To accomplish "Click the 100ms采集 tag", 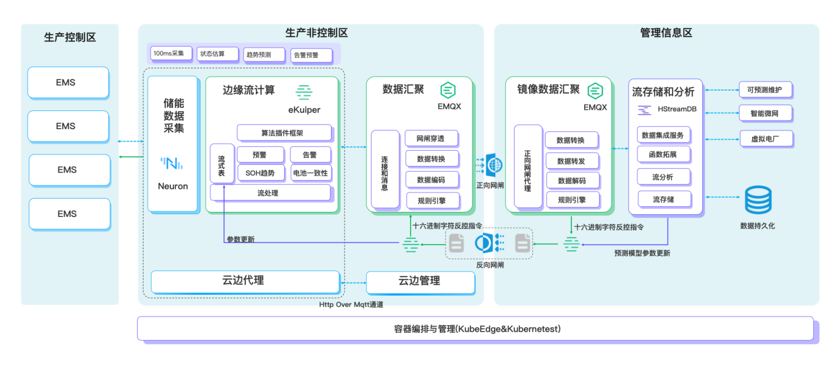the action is coord(171,54).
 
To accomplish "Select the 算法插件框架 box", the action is coord(284,133).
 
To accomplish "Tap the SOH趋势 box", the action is coord(261,173).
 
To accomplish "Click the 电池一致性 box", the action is coord(311,173).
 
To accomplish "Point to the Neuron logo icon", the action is coord(172,163).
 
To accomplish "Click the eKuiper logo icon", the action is coord(304,92).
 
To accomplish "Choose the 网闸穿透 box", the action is coord(431,139).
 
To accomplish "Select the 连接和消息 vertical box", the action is coord(385,169).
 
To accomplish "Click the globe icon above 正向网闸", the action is coord(494,165).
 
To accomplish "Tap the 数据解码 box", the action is coord(573,181).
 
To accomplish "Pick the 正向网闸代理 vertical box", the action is coord(528,166).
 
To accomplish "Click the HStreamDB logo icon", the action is coord(644,110).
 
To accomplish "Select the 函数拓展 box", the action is coord(664,155).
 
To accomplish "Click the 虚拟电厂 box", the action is coord(767,139).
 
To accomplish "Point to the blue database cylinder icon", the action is coord(758,200).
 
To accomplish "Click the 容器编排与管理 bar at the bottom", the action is coord(475,329).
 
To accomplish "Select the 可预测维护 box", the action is coord(765,90).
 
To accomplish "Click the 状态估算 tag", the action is coord(218,54).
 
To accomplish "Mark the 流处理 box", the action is coord(270,193).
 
